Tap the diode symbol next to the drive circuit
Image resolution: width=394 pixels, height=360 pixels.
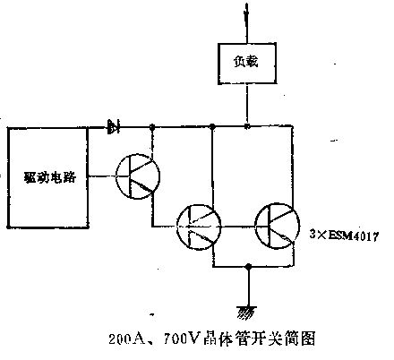pyautogui.click(x=113, y=127)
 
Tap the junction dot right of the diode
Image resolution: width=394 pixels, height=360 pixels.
pyautogui.click(x=152, y=127)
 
